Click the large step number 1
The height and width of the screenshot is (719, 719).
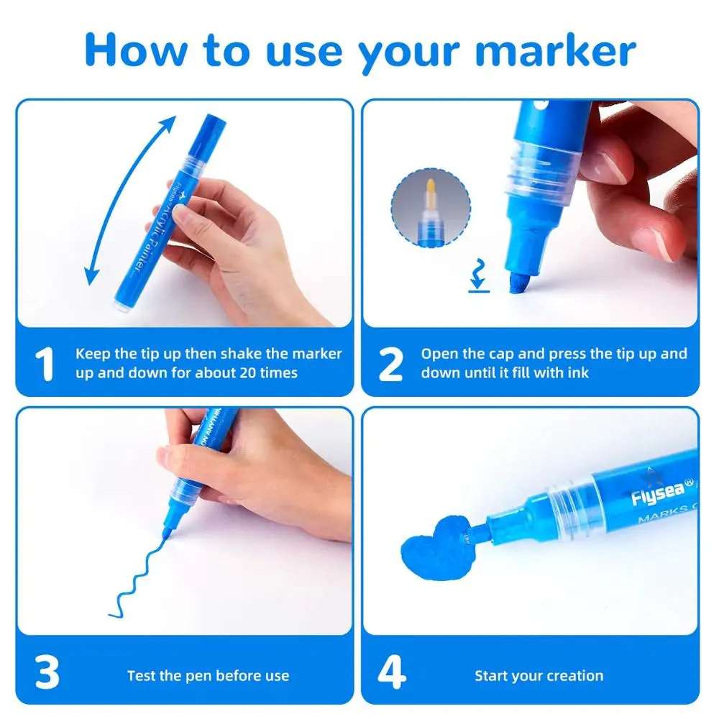coord(45,365)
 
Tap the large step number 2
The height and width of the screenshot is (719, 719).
coord(390,365)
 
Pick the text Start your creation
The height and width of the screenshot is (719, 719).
coord(539,675)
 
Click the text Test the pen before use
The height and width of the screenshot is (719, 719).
coord(208,675)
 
